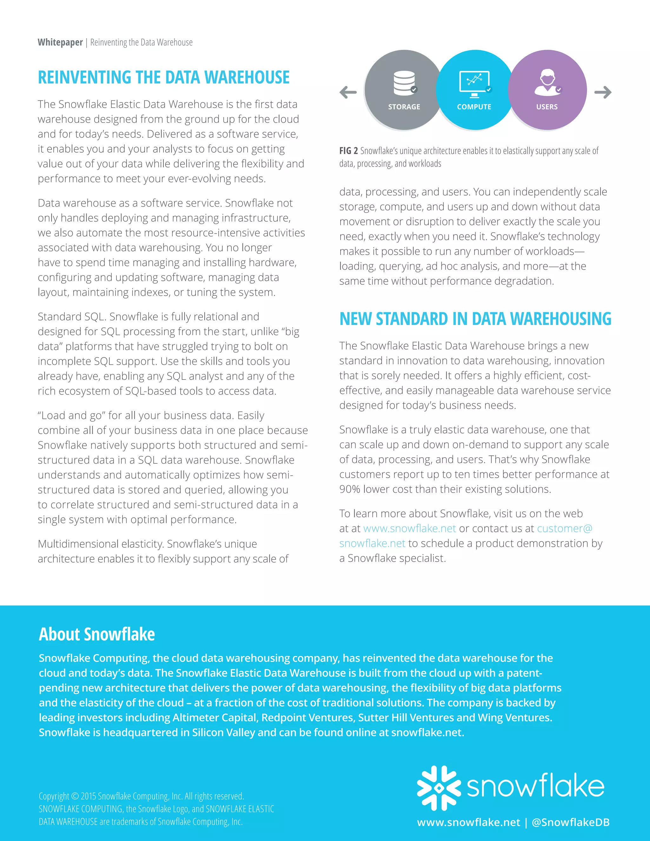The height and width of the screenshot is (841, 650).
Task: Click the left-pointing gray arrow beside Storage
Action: [x=348, y=92]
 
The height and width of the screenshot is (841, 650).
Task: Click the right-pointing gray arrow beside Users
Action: [x=603, y=92]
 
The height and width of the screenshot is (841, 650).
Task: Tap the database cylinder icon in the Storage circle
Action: [x=404, y=83]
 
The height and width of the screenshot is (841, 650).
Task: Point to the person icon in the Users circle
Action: [x=547, y=82]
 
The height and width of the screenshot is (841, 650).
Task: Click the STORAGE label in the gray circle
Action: [x=404, y=107]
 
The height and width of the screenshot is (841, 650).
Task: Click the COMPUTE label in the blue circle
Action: [x=474, y=107]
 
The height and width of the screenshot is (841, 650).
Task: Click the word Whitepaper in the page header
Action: [x=60, y=42]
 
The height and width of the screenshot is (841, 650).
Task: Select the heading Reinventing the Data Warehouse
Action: [x=164, y=77]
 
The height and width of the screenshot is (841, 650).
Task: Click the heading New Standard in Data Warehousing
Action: [x=475, y=319]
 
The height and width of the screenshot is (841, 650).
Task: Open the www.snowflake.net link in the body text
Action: [x=409, y=528]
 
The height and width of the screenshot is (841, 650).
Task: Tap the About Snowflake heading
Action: [x=97, y=634]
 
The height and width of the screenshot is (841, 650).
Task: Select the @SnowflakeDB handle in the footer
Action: [x=570, y=822]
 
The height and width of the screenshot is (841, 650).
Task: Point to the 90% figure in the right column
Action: [x=350, y=489]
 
